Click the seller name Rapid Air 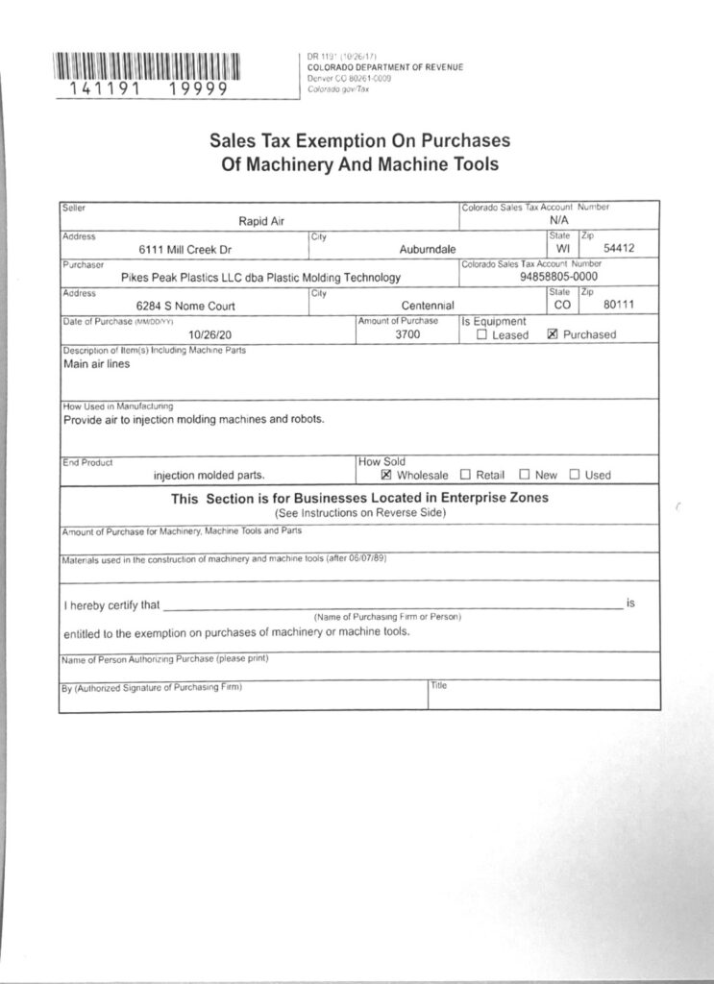pos(261,222)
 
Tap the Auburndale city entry pos(428,250)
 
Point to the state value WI pos(563,250)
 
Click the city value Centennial pos(427,306)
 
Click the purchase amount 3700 pos(408,334)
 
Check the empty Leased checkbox pos(482,335)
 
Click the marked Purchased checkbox pos(553,335)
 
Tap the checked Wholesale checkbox pos(386,475)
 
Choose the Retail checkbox pos(465,475)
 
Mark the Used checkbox pos(575,475)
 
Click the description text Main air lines pos(96,364)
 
